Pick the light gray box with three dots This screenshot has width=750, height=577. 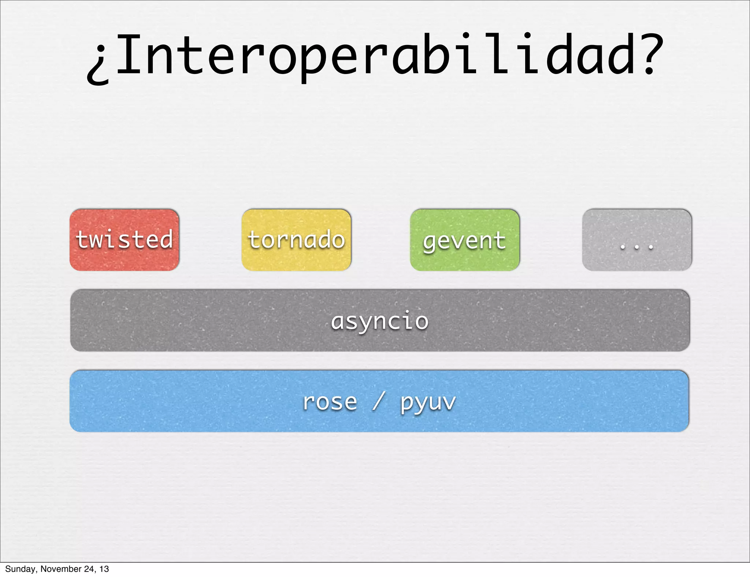[636, 240]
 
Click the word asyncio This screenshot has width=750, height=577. [379, 321]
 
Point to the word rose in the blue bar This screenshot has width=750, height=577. [329, 402]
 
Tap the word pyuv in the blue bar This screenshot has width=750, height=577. [428, 403]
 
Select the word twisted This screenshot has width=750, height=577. [124, 239]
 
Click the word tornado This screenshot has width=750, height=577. [296, 240]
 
